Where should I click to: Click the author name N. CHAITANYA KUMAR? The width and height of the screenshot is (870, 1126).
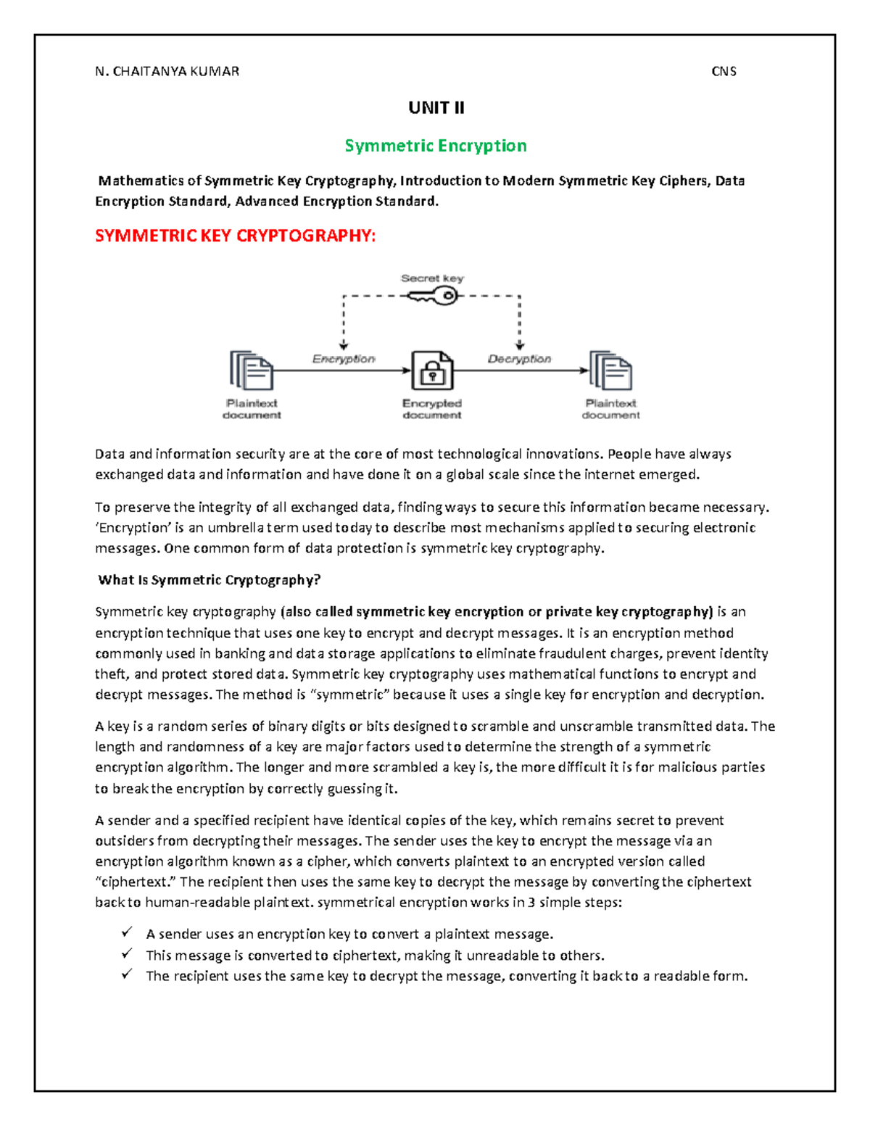167,71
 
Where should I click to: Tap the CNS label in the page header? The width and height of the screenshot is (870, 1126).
724,71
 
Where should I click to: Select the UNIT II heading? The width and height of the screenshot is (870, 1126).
436,108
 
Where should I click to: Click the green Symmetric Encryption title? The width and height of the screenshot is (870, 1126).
436,146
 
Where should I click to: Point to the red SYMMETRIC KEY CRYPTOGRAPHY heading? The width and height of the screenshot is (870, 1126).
236,236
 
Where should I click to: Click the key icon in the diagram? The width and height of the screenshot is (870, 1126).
433,296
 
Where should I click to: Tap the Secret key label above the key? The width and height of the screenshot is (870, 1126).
432,278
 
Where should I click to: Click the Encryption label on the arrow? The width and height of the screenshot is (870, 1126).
344,359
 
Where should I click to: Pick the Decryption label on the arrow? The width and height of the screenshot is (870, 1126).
519,359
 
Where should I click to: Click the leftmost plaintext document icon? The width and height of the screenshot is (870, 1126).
251,370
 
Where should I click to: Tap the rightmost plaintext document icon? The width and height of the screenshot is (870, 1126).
610,370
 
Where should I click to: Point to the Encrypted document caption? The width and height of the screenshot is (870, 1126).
432,409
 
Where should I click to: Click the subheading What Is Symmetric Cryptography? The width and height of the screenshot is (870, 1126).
210,580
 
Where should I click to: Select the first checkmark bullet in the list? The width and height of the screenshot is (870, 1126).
128,932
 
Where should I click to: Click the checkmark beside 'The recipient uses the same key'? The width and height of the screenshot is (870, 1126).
128,974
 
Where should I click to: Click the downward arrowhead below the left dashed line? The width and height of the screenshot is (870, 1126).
344,346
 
